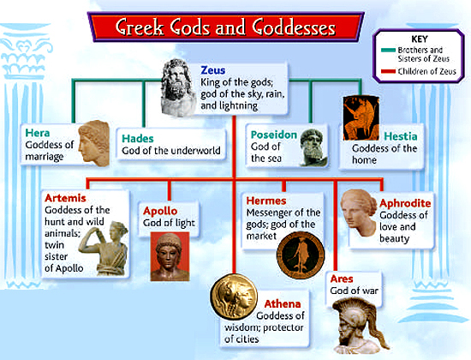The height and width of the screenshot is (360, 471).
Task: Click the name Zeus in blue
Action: coord(213,68)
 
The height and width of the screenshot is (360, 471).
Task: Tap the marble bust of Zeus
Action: coord(176,86)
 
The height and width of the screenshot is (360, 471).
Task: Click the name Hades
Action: coord(139,137)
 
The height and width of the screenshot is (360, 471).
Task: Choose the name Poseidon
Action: coord(272,134)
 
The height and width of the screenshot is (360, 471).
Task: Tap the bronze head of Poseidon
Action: coord(312,147)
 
